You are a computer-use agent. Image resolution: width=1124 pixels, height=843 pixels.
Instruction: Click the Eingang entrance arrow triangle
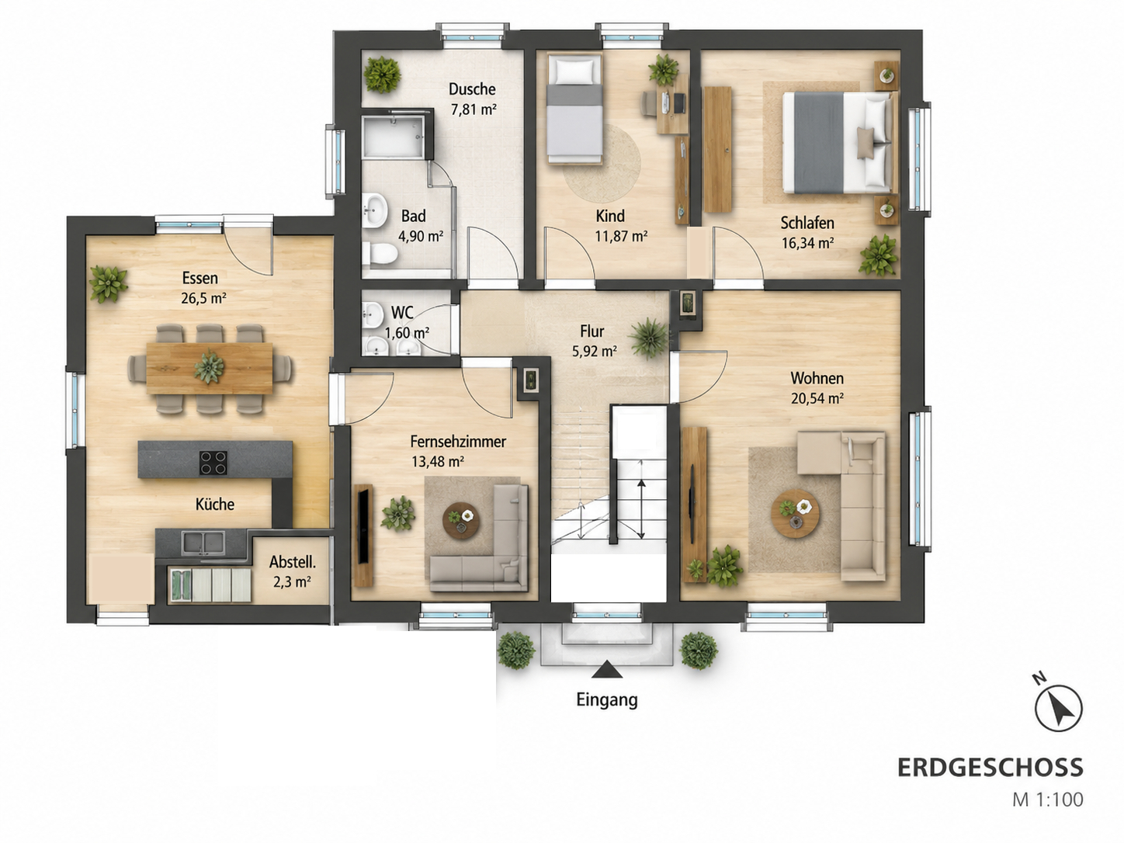(606, 669)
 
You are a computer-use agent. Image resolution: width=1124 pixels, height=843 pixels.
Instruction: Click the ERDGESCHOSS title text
(990, 768)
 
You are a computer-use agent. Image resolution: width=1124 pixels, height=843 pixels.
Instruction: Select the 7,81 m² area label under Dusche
(474, 109)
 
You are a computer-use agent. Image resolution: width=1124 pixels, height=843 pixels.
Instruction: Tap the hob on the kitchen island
(213, 463)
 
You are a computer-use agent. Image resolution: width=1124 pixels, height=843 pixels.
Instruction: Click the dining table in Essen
(210, 368)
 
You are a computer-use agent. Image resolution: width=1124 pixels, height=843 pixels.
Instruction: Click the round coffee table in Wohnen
(795, 513)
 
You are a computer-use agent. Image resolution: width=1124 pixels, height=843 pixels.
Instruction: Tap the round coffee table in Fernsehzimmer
(461, 521)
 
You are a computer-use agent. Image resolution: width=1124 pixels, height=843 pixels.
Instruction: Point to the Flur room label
(592, 331)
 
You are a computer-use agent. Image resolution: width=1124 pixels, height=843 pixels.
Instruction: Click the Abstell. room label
(293, 562)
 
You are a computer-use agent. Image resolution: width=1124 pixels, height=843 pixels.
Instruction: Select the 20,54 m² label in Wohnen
(817, 398)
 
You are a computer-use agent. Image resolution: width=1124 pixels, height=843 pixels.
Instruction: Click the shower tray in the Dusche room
(394, 137)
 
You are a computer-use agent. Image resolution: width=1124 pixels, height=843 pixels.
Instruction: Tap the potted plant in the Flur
(649, 338)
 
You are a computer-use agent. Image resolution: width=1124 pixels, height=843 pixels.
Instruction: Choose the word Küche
(215, 504)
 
